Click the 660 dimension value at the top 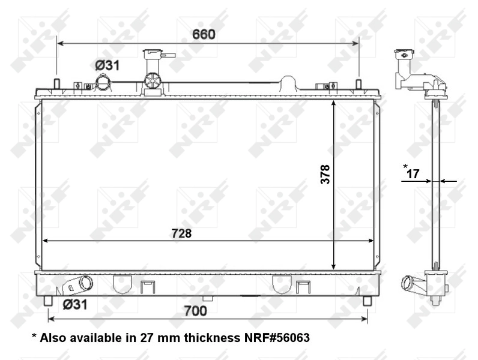[204, 34]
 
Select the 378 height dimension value [325, 175]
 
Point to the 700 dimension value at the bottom [195, 311]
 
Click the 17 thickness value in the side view [413, 174]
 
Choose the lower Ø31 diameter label [75, 304]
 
